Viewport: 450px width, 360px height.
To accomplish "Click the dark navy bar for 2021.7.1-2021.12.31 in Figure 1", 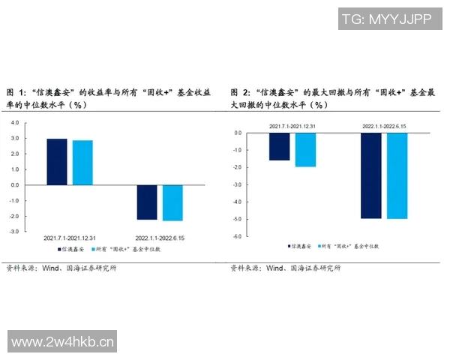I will (x=57, y=161).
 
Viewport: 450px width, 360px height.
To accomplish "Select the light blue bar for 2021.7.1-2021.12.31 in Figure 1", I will (x=82, y=162).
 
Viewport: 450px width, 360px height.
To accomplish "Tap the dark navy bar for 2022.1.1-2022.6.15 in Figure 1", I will (x=147, y=202).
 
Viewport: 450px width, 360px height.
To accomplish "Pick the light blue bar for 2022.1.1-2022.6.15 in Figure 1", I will (x=172, y=202).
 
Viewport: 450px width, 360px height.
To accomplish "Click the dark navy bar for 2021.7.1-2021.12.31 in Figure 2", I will (x=279, y=146).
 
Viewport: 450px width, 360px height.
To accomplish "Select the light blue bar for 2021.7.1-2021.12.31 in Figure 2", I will (x=305, y=149).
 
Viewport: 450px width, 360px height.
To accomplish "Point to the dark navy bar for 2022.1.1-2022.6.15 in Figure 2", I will (x=370, y=175).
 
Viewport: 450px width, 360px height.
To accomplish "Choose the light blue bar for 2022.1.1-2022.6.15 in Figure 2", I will (x=397, y=175).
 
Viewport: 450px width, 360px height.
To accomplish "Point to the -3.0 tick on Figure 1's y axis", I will (x=14, y=232).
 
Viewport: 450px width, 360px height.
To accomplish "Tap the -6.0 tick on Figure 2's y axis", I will (x=237, y=236).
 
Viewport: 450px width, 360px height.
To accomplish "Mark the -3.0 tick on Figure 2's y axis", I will (x=237, y=184).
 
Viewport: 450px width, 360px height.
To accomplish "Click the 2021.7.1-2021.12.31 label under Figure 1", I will (x=69, y=237).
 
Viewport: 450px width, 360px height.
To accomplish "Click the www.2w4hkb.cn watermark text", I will (x=64, y=343).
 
